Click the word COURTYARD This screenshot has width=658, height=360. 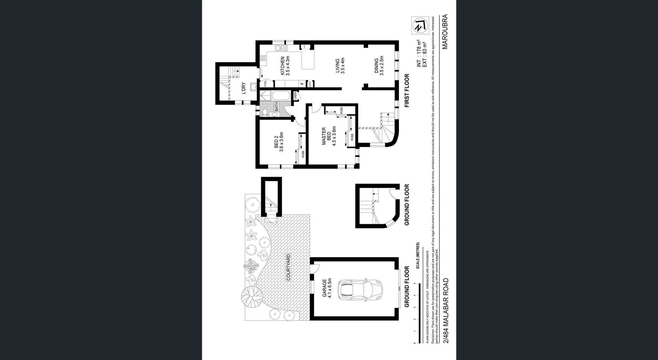(x=288, y=267)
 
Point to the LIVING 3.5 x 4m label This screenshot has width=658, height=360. (x=340, y=66)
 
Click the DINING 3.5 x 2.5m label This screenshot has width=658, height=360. (x=379, y=66)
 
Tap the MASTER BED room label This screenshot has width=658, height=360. (x=329, y=136)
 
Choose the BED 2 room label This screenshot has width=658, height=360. (x=279, y=142)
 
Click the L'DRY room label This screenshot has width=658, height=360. (x=243, y=88)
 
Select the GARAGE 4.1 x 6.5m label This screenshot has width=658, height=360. (x=327, y=288)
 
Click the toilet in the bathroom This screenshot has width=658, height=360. (x=265, y=112)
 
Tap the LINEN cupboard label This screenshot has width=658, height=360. (x=295, y=96)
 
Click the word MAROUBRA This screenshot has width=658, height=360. (x=445, y=32)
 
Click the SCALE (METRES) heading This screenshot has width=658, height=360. (x=418, y=256)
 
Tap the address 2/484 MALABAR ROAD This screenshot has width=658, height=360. (x=446, y=310)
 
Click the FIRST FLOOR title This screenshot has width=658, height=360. (x=407, y=90)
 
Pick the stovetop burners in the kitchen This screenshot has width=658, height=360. (x=263, y=58)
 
